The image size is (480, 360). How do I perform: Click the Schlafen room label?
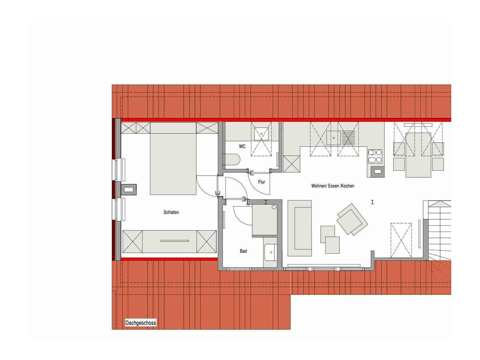[x=171, y=212]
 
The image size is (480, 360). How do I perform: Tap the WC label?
[x=242, y=146]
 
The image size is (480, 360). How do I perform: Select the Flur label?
[x=262, y=182]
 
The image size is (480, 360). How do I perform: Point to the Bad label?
[x=243, y=251]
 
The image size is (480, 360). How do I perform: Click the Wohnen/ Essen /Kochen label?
[x=333, y=186]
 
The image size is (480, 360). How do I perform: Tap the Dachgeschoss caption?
[x=141, y=323]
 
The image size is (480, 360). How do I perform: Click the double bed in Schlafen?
[x=173, y=158]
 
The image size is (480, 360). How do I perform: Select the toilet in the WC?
[x=232, y=160]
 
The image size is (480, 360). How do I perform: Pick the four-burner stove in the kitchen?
[x=375, y=156]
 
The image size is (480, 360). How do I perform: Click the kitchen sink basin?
[x=334, y=138]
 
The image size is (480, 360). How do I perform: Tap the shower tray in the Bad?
[x=265, y=220]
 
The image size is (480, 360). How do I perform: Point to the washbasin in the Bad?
[x=270, y=252]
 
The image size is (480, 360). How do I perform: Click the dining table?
[x=418, y=155]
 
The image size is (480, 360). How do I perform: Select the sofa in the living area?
[x=300, y=228]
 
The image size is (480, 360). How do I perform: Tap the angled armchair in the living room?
[x=352, y=220]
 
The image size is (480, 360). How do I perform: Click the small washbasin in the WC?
[x=261, y=134]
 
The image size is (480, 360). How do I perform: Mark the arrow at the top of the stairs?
[x=440, y=204]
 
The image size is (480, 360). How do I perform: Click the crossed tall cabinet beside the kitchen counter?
[x=291, y=164]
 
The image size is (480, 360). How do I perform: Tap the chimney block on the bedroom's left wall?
[x=129, y=189]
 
